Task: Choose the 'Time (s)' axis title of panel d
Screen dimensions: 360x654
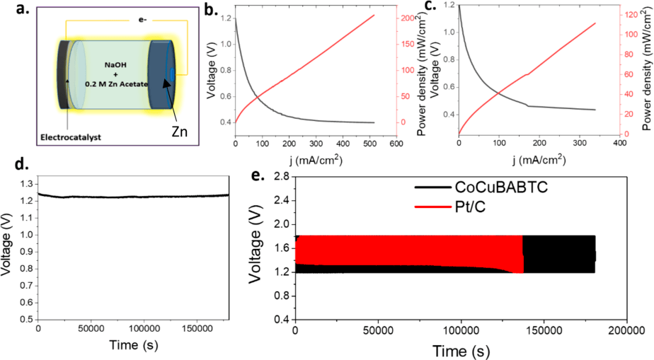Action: (x=133, y=344)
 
